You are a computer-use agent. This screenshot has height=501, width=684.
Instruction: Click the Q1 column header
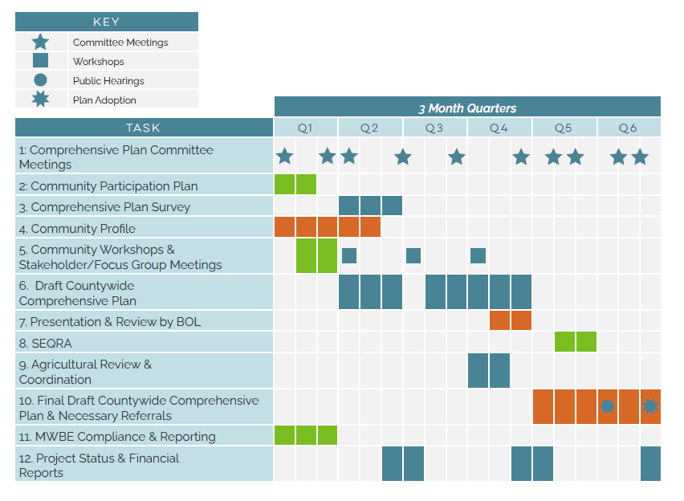(305, 128)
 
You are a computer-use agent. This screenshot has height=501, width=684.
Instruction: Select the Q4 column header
(499, 128)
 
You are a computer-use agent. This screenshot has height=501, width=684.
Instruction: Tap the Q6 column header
(628, 128)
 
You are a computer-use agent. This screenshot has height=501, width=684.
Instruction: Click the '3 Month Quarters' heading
(467, 108)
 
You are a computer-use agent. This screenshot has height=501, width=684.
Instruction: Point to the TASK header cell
(144, 128)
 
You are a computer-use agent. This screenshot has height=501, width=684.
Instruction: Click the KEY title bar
(106, 22)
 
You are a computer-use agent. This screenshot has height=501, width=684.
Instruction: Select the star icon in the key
(40, 42)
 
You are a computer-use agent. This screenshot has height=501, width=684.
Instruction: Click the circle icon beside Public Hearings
(40, 80)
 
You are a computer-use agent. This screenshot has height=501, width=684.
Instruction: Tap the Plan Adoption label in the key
(104, 100)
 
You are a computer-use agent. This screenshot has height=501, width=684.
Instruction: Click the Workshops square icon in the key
(40, 61)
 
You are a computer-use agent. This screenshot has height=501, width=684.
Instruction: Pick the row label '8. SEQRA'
(46, 343)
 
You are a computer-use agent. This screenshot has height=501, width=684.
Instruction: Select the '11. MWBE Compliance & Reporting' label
(117, 437)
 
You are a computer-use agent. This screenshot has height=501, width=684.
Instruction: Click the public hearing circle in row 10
(608, 406)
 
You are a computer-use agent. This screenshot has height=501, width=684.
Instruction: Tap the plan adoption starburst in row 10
(650, 407)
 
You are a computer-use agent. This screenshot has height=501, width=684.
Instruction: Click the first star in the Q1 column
(285, 157)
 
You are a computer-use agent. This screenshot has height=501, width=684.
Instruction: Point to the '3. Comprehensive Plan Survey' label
(105, 207)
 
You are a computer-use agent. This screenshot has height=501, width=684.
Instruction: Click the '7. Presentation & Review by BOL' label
(110, 322)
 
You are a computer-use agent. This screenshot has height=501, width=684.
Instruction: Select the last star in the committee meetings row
(640, 157)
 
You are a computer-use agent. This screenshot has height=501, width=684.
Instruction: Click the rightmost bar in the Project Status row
(650, 463)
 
